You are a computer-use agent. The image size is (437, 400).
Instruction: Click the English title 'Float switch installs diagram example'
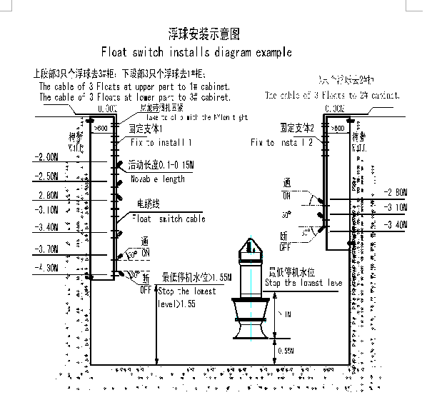point(196,53)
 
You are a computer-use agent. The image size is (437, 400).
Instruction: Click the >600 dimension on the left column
point(101,128)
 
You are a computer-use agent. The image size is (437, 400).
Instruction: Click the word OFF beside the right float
point(284,246)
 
